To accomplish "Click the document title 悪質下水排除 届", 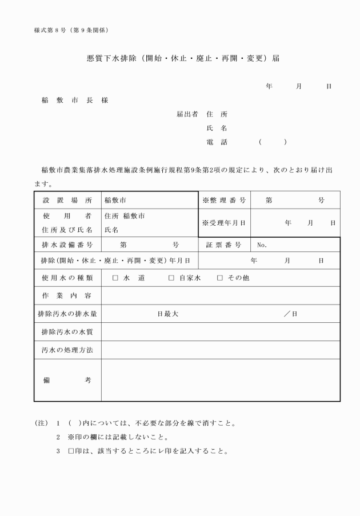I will pyautogui.click(x=179, y=59).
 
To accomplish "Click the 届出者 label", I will pyautogui.click(x=187, y=114).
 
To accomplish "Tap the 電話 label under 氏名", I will pyautogui.click(x=217, y=142).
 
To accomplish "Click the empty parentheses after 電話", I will pyautogui.click(x=272, y=142).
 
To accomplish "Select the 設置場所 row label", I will pyautogui.click(x=67, y=201).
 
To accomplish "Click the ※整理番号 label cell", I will pyautogui.click(x=224, y=201).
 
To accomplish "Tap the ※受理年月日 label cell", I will pyautogui.click(x=224, y=223).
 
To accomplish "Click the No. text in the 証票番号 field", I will pyautogui.click(x=262, y=245).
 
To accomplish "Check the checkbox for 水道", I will pyautogui.click(x=115, y=278).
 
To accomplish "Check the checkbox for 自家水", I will pyautogui.click(x=171, y=278).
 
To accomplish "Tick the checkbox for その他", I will pyautogui.click(x=220, y=278).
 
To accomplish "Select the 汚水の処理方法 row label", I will pyautogui.click(x=67, y=349).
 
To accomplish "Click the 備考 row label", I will pyautogui.click(x=67, y=380).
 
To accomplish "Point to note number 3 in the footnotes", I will pyautogui.click(x=58, y=451).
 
